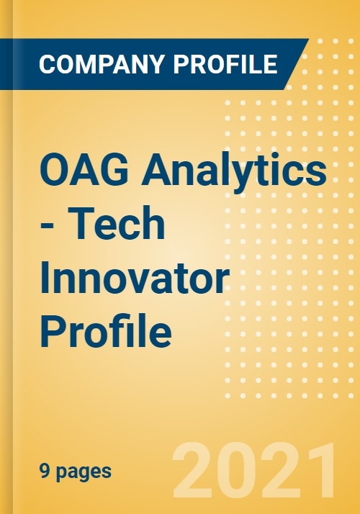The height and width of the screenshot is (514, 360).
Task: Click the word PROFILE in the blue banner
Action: [225, 64]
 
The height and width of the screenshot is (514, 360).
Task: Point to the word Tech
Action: [117, 223]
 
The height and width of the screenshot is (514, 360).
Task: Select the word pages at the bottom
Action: [84, 473]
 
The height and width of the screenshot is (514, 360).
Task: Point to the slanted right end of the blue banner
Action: [297, 64]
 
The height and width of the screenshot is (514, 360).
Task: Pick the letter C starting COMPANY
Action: [48, 64]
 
